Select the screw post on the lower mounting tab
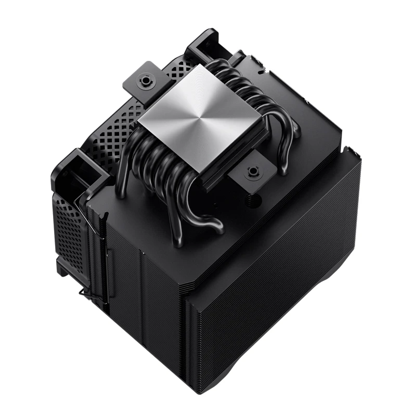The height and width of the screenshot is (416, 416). point(253,171)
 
